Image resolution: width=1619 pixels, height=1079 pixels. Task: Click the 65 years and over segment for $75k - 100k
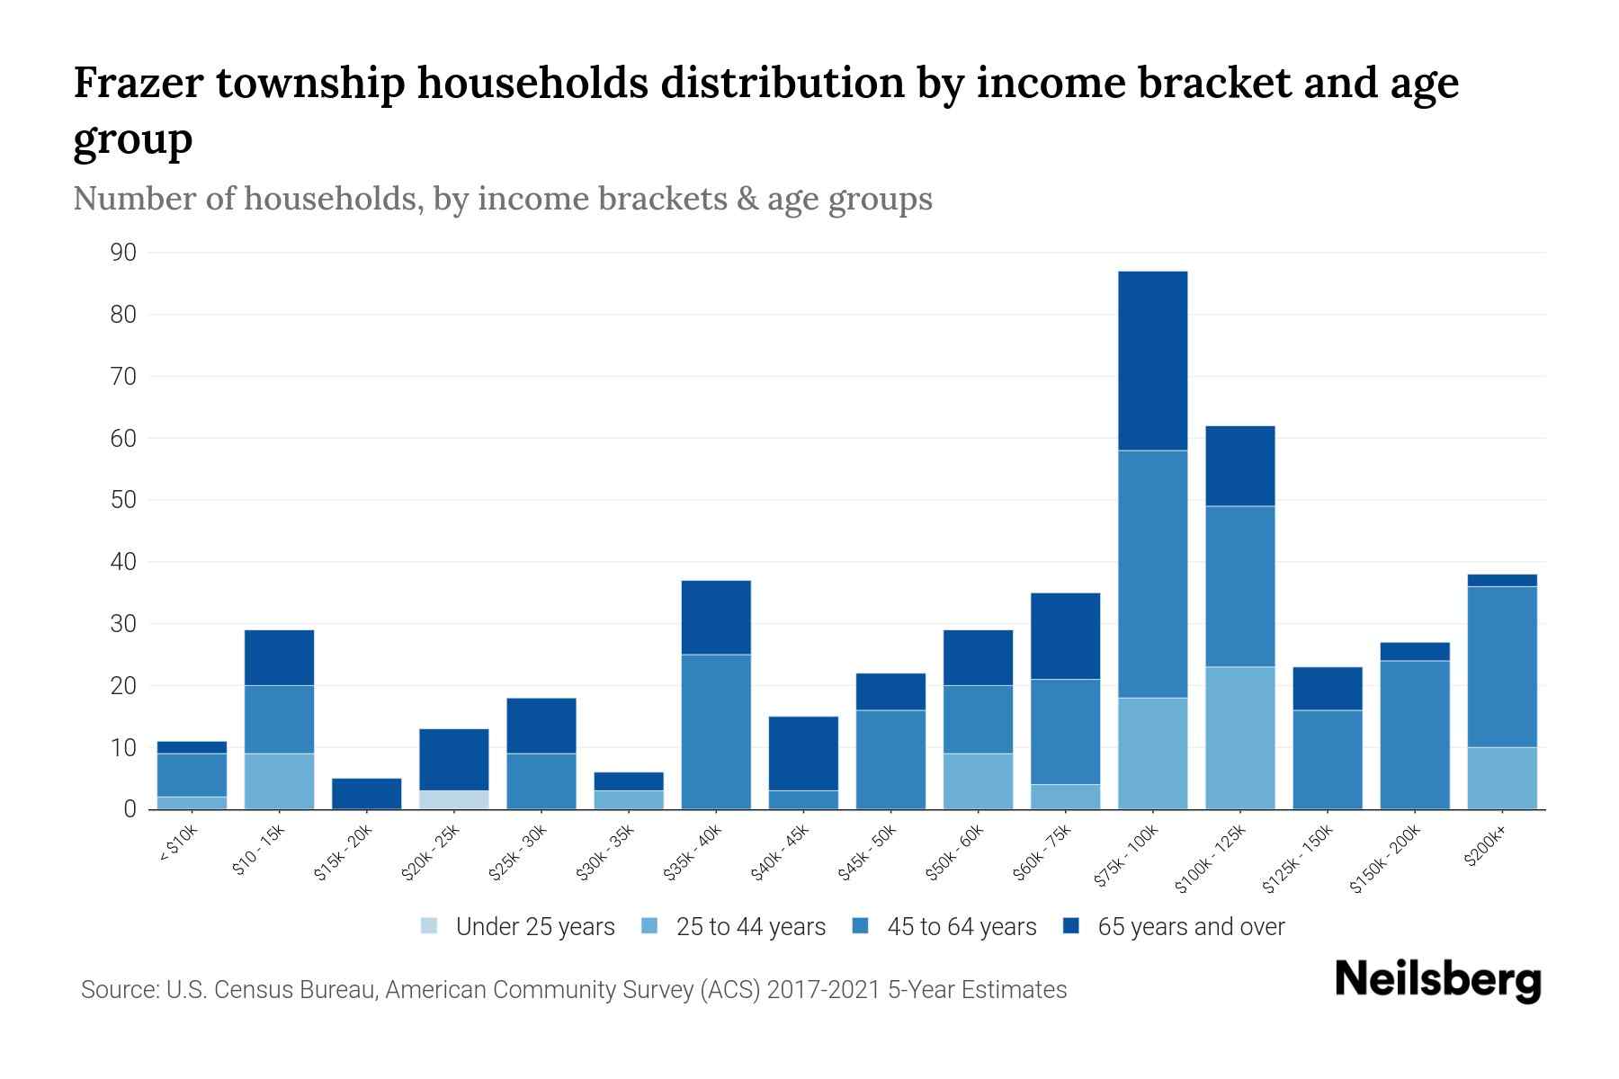tap(1152, 360)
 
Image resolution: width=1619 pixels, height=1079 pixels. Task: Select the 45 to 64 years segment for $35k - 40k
tap(716, 731)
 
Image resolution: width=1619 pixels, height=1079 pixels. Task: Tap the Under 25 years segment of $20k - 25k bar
tap(453, 799)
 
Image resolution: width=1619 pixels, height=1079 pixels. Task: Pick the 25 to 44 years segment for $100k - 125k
tap(1239, 737)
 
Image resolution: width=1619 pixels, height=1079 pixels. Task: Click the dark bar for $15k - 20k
tap(366, 793)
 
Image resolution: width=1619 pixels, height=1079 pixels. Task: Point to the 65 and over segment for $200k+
tap(1502, 580)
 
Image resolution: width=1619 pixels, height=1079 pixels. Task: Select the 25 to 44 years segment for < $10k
tap(192, 803)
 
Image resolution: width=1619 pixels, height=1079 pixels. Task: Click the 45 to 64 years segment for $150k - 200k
tap(1415, 735)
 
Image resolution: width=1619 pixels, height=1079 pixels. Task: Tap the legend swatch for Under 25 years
tap(430, 926)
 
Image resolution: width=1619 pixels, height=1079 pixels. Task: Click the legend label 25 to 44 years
tap(750, 926)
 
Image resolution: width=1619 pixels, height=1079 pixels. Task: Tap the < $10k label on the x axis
tap(179, 844)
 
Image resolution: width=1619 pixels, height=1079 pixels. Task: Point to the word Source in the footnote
tap(118, 990)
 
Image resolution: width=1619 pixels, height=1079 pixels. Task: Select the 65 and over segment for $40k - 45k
tap(803, 753)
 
